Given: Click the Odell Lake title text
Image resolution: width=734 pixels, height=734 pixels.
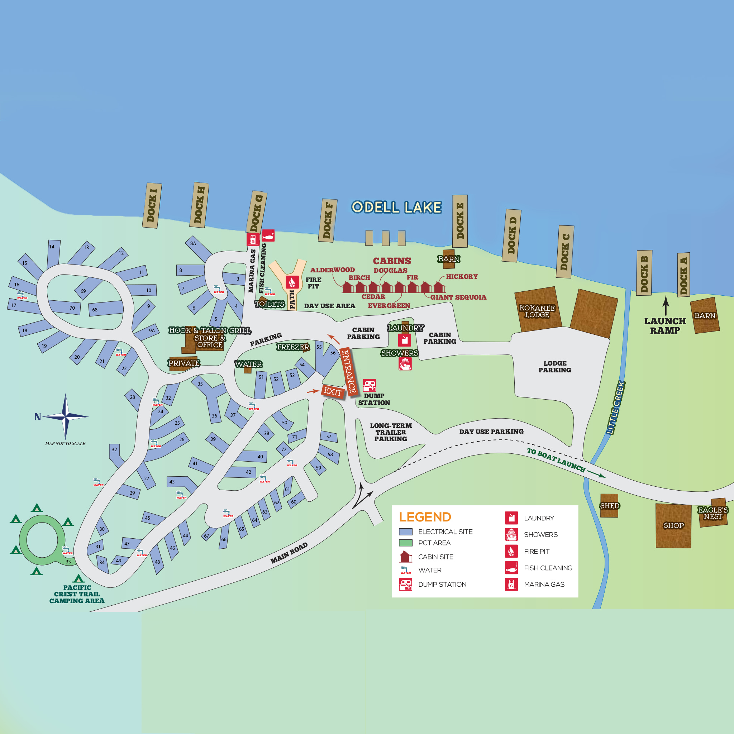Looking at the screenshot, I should tap(396, 208).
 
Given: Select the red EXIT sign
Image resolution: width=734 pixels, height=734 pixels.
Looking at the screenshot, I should tap(333, 392).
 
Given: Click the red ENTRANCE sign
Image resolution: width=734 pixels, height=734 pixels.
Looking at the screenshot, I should tap(348, 372).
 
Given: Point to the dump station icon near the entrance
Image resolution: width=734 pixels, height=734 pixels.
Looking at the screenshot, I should tap(369, 385).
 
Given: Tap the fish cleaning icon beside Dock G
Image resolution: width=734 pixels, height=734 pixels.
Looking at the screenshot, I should tap(268, 235).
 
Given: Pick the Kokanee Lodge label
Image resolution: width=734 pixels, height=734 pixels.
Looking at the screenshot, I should tap(537, 311).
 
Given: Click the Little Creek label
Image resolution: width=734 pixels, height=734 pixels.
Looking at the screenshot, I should tap(615, 408).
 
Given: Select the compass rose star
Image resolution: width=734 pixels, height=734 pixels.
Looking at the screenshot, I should tap(66, 417).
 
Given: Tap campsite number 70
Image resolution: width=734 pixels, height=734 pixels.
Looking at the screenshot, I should tap(72, 308).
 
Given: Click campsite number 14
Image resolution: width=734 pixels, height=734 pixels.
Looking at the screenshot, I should tap(52, 247).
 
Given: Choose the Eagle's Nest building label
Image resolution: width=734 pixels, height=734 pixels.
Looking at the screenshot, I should tap(713, 513).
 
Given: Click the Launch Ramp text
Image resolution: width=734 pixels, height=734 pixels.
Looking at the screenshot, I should tap(665, 325).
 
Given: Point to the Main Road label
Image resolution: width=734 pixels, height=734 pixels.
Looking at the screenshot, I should tap(289, 553).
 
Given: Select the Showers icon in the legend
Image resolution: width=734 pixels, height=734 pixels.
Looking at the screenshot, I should tap(511, 534).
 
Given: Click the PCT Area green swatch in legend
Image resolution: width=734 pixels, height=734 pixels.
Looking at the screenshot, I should tap(406, 543).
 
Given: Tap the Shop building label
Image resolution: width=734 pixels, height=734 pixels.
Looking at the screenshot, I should tap(673, 525).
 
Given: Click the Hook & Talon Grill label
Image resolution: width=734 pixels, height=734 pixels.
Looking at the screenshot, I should tap(210, 330).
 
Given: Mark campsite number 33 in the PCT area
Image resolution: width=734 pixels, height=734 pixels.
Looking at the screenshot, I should tap(68, 562).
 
